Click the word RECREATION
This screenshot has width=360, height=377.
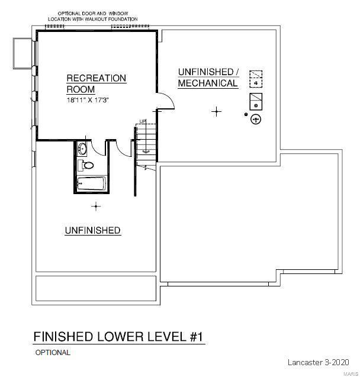(x=96, y=78)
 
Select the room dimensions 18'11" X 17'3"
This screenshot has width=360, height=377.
(x=88, y=100)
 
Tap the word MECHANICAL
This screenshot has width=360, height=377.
(x=208, y=83)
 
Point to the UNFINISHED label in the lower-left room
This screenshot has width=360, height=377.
(x=92, y=230)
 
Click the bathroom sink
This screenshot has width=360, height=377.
(x=82, y=149)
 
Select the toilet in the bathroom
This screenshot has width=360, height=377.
(x=86, y=166)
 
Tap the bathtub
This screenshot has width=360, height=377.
(x=92, y=184)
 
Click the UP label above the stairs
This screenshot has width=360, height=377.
(x=142, y=121)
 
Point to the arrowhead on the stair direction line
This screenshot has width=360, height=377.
(x=146, y=152)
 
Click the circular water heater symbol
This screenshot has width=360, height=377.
(x=256, y=120)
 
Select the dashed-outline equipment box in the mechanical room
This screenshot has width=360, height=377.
(x=256, y=79)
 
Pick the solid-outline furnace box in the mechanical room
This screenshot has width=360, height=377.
(x=256, y=101)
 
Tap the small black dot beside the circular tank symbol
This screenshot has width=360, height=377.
(x=246, y=114)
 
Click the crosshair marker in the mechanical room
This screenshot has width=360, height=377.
(x=217, y=111)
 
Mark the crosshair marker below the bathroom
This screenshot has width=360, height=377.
(x=96, y=207)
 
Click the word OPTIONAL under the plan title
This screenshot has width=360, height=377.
(x=53, y=353)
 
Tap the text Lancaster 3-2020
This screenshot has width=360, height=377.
(x=319, y=362)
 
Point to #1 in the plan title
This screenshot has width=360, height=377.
(x=197, y=337)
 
